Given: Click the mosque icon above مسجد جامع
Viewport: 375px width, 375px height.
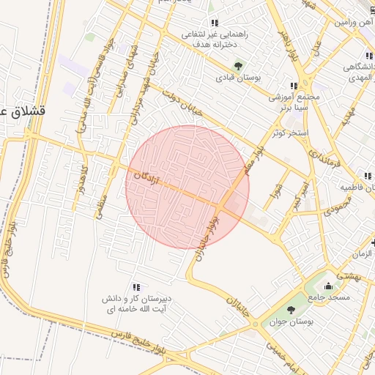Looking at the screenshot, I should click(328, 285).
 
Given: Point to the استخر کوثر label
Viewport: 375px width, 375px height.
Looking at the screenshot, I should click(289, 133).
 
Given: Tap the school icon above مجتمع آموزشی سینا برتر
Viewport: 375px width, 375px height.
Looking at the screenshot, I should click(294, 86).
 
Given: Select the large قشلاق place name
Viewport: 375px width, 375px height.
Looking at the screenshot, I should click(21, 111).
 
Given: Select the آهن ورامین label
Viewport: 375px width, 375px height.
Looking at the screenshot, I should click(355, 23).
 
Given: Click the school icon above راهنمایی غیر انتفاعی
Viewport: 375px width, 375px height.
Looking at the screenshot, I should click(215, 23).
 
